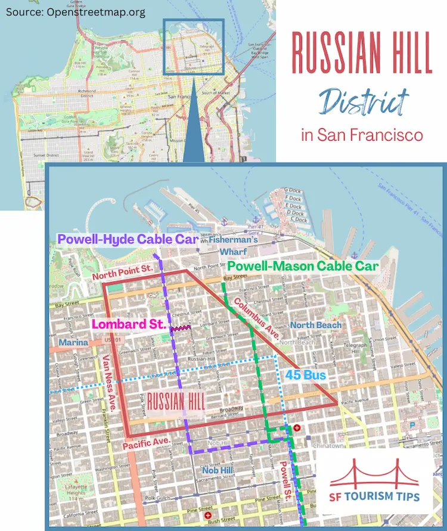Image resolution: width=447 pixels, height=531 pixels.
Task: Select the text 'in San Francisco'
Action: [362, 135]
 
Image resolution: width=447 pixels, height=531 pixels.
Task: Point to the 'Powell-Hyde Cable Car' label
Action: [128, 240]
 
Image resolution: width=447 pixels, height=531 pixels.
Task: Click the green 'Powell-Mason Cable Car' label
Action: [303, 266]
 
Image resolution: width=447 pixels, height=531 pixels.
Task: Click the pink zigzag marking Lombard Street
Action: [179, 328]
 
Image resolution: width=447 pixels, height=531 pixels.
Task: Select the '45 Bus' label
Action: [305, 375]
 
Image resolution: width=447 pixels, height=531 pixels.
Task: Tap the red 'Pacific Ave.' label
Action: [147, 442]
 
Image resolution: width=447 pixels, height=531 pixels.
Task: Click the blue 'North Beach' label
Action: [316, 325]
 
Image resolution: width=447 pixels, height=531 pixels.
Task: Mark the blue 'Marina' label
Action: [73, 343]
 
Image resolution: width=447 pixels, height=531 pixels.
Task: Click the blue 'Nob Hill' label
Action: [217, 471]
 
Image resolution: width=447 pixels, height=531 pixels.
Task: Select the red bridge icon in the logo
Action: [374, 473]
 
